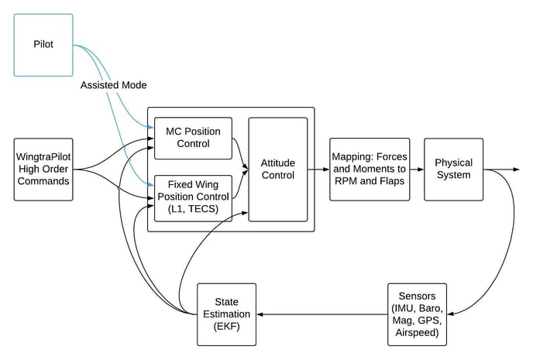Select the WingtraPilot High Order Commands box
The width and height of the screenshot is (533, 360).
44,169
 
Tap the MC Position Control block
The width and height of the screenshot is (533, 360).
192,137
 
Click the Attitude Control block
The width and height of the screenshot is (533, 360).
277,169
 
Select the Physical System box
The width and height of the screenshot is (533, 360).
453,169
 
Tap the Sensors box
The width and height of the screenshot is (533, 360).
418,314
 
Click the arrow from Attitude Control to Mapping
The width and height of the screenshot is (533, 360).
318,169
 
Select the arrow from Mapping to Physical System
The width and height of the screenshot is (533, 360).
416,169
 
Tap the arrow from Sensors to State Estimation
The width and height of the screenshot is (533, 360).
322,314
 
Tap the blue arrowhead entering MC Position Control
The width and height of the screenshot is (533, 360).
150,127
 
